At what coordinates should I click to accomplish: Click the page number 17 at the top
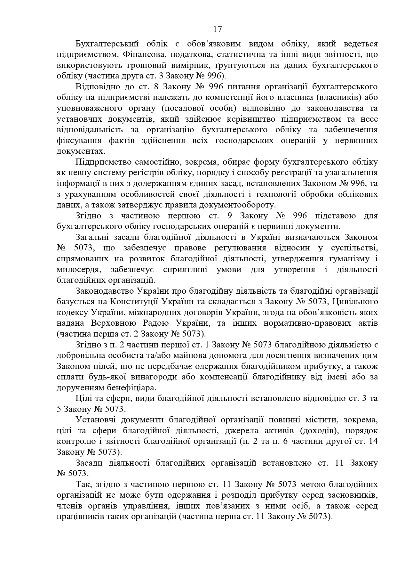(x=218, y=29)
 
